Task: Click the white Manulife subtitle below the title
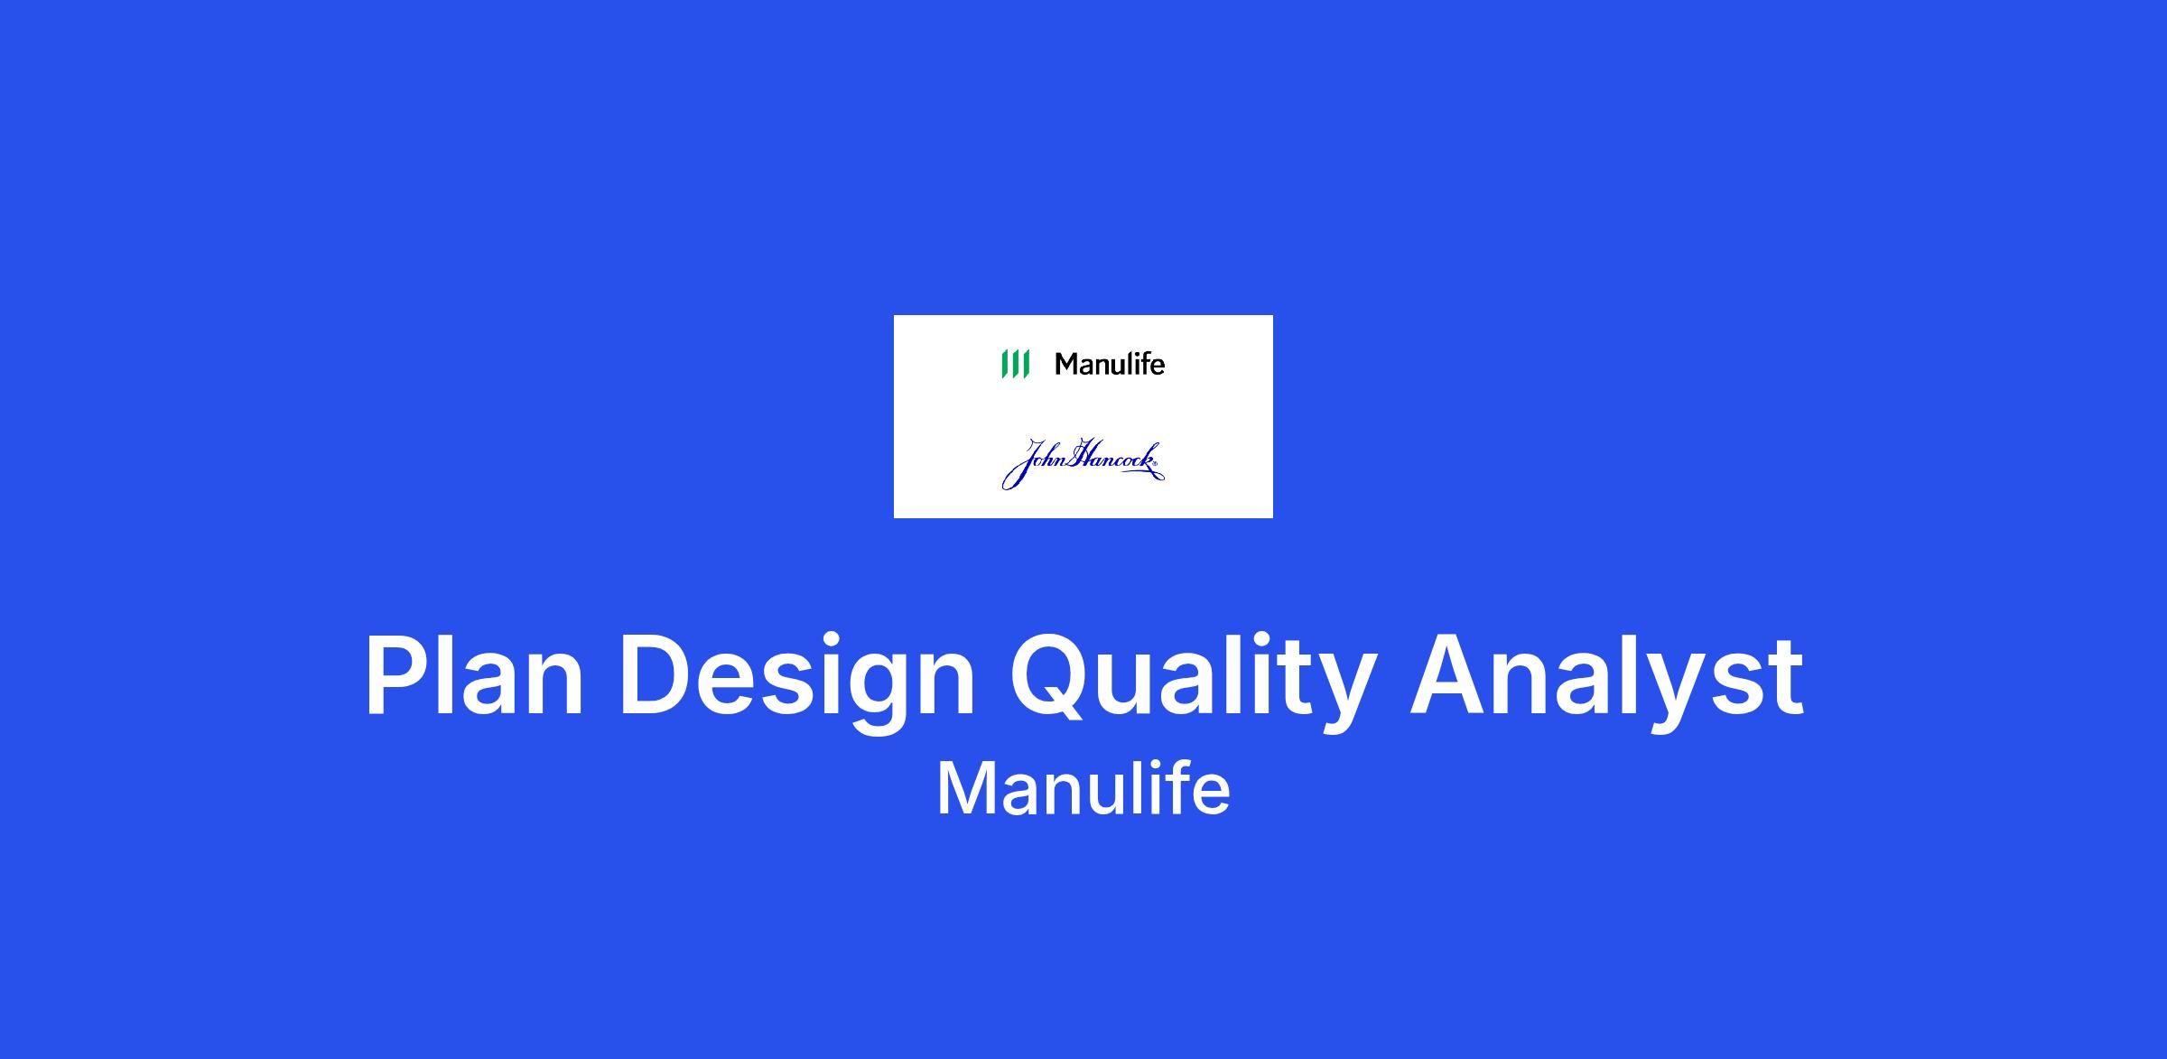[x=1083, y=789]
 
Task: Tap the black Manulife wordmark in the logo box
[x=1110, y=364]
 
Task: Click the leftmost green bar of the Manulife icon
[x=1004, y=364]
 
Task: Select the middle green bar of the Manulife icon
[x=1015, y=364]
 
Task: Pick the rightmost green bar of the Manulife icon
[x=1026, y=364]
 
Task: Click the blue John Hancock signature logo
[x=1083, y=464]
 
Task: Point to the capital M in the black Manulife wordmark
[x=1067, y=364]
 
